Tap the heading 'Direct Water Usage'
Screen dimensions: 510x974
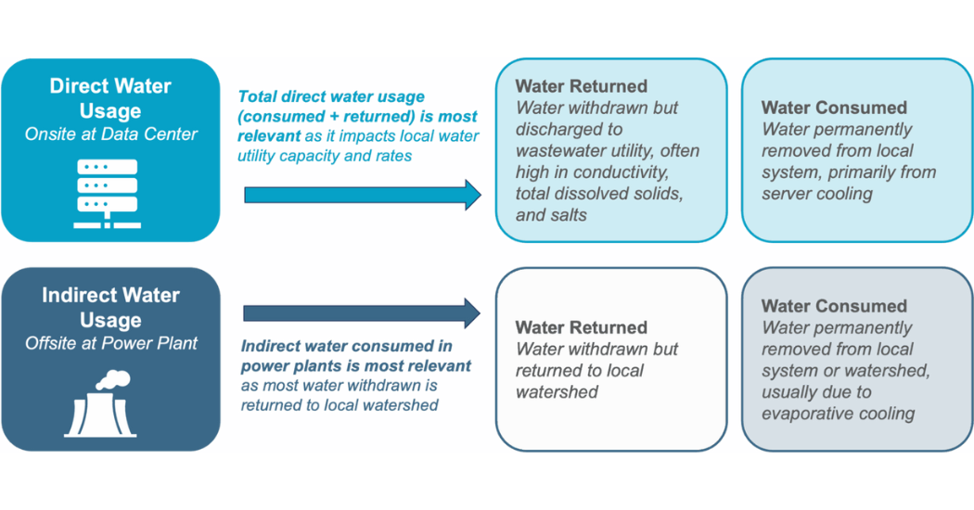(110, 98)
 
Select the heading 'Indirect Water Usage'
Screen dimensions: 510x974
(110, 308)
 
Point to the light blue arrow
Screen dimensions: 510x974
(362, 195)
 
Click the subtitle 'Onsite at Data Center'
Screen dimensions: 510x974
(110, 134)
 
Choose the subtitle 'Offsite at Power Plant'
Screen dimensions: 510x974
(110, 343)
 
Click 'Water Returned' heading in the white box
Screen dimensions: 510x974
(581, 327)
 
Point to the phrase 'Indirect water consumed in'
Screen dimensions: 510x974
(347, 346)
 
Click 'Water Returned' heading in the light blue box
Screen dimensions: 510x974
(581, 86)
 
